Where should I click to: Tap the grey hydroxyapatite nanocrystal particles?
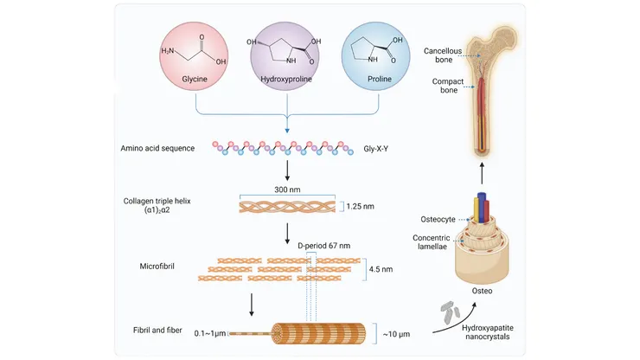[451, 309]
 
